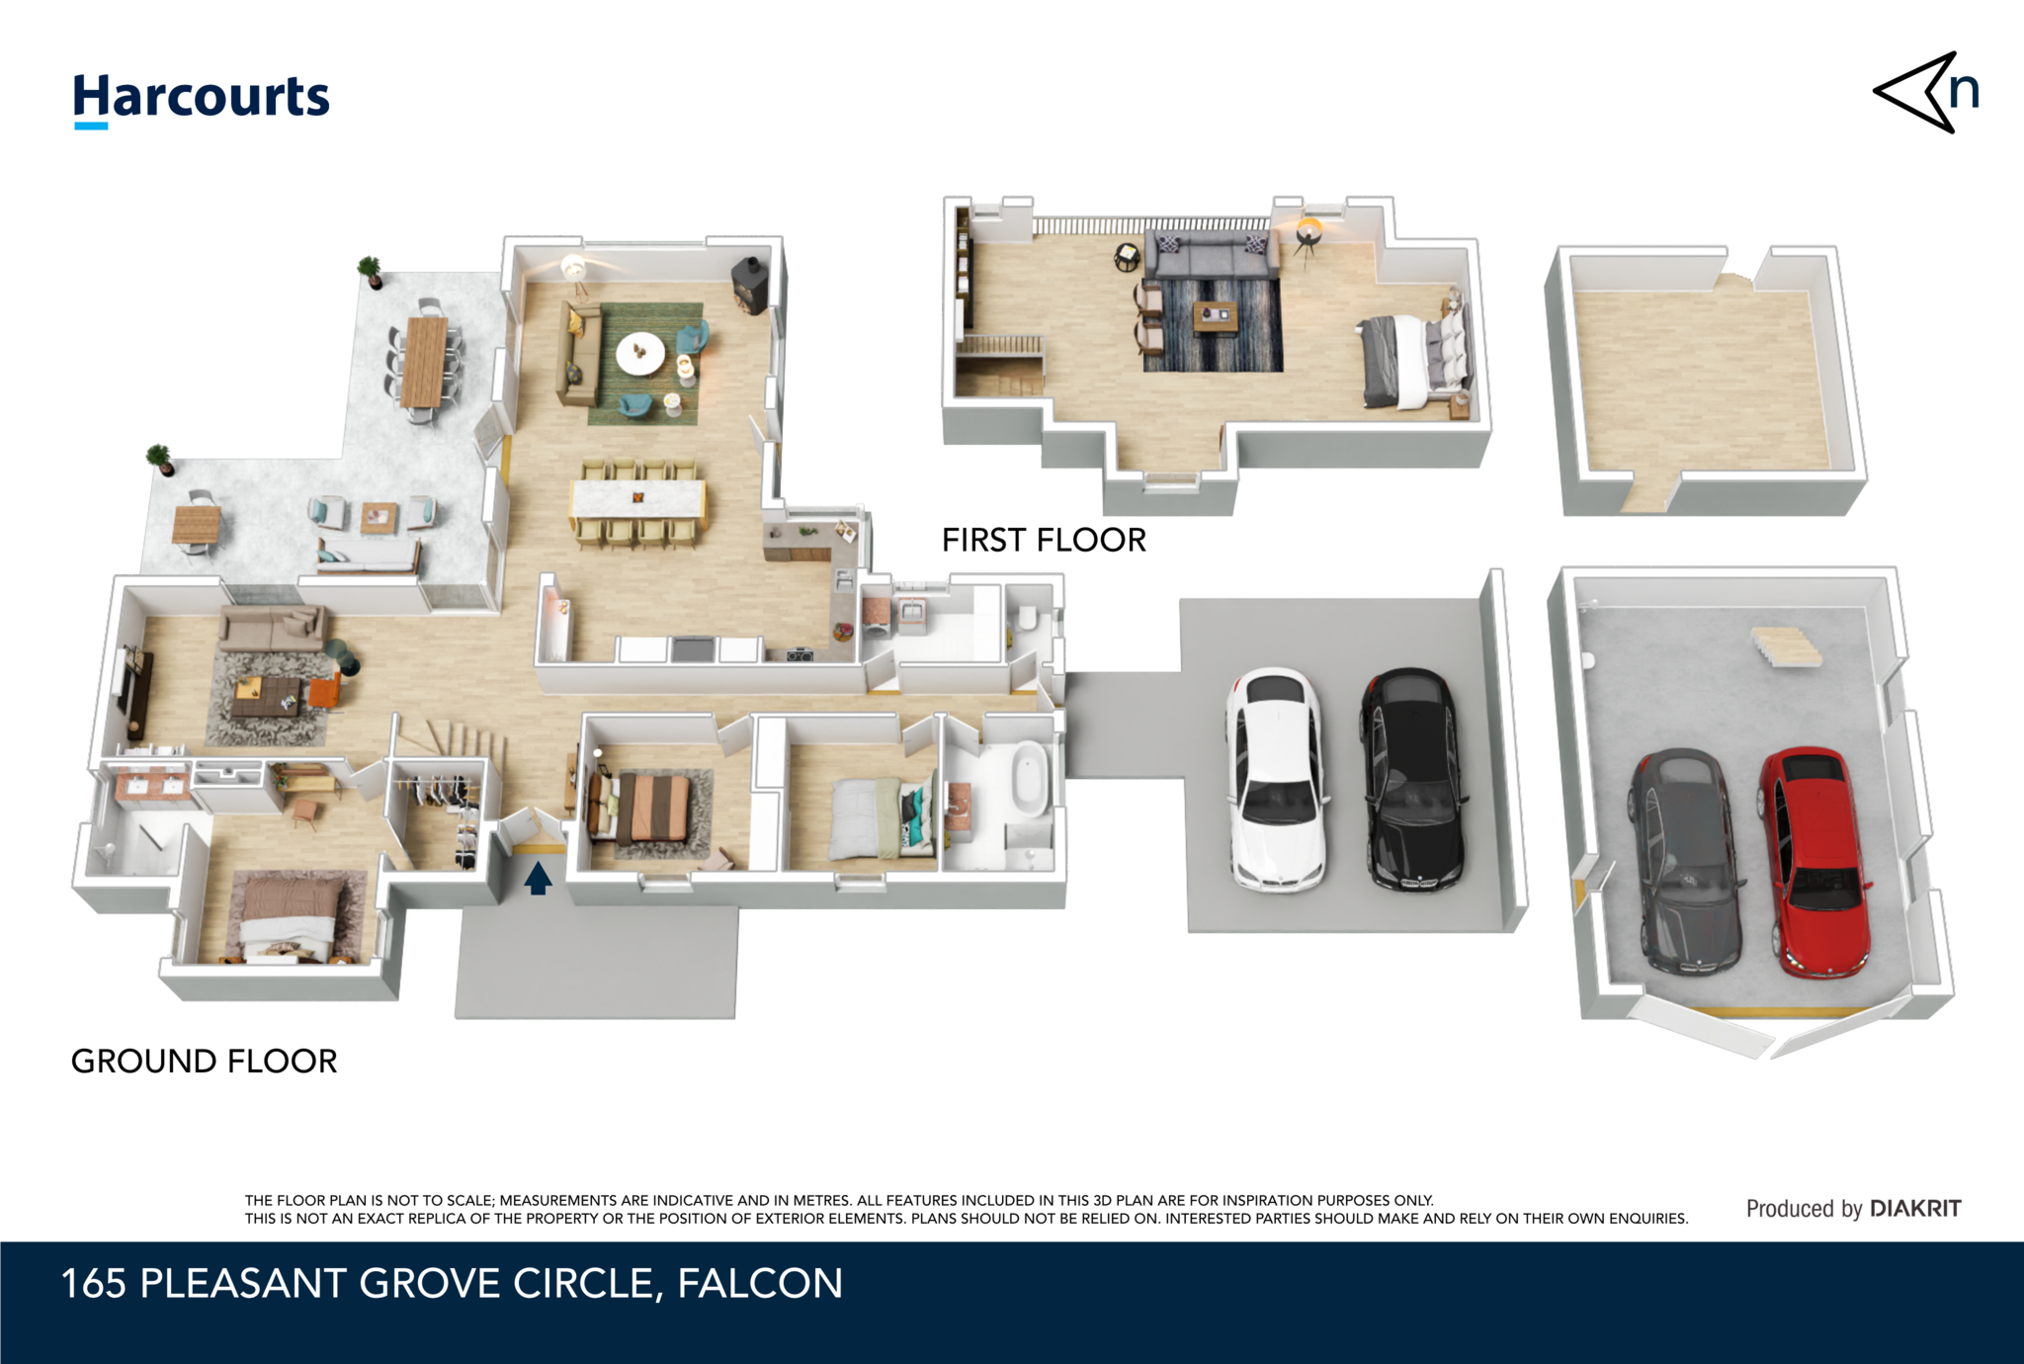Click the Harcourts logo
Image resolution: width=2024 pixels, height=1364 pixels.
[x=202, y=100]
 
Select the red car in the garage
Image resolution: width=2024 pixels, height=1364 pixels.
[x=1814, y=863]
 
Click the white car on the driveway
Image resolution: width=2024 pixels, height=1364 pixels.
[x=1275, y=778]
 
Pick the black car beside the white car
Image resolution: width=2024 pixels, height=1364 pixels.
[x=1411, y=778]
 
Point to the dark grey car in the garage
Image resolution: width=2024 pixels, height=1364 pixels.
[x=1686, y=861]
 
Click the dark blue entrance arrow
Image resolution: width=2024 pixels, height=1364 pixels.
[x=538, y=878]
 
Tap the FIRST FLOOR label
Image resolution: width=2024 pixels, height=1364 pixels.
[x=1044, y=540]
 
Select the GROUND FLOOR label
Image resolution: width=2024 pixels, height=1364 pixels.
[x=205, y=1061]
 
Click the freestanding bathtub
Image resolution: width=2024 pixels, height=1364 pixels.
[x=1030, y=778]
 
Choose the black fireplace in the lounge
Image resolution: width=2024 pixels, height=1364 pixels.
[x=750, y=286]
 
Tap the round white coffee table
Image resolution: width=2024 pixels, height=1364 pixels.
[x=640, y=353]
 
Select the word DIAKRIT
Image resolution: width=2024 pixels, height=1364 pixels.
[x=1915, y=1208]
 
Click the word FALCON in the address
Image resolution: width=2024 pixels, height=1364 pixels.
[x=760, y=1284]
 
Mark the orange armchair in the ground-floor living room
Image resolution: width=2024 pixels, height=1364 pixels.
[x=324, y=690]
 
